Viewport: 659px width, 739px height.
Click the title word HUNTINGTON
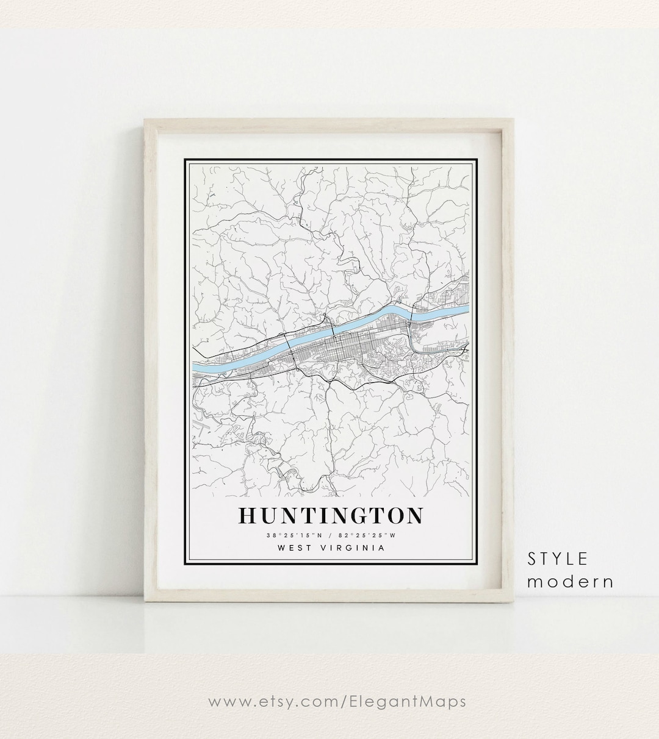click(x=330, y=516)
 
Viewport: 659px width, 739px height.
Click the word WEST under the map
click(x=293, y=548)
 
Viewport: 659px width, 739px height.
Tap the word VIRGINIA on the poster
click(x=355, y=548)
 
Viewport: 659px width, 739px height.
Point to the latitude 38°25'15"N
click(x=289, y=535)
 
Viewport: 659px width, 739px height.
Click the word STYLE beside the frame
click(x=558, y=559)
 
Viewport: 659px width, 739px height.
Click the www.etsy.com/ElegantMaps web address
click(x=337, y=701)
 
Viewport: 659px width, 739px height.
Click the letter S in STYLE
click(x=532, y=559)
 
